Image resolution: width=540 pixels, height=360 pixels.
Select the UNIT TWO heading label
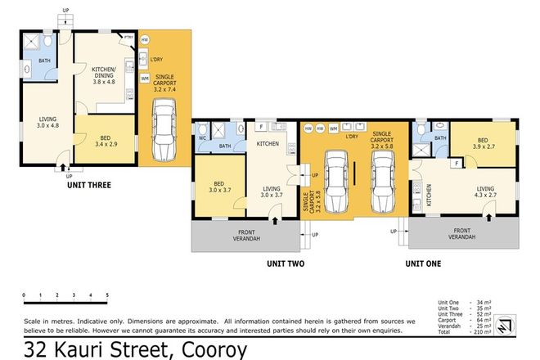coord(286,263)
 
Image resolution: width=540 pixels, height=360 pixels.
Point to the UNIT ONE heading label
coord(425,263)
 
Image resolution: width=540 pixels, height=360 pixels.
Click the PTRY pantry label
coord(128,38)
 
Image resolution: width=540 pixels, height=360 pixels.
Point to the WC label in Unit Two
coord(202,138)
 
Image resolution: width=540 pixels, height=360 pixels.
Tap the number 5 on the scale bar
coord(106,294)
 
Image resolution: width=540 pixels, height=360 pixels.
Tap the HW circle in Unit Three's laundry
coord(145,40)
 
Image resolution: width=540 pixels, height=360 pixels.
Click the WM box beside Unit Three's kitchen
coord(145,78)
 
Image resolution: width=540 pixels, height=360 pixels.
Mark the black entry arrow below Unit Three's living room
coord(63,169)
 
